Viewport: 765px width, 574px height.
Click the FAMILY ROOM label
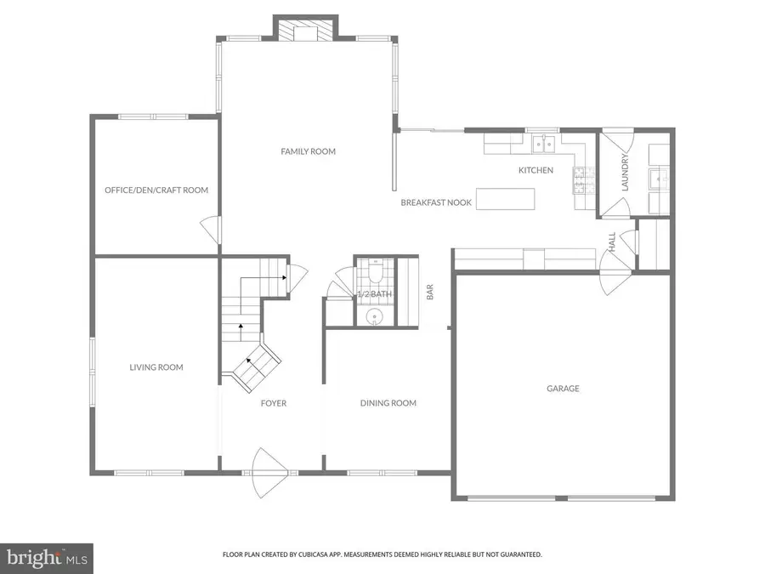click(x=308, y=151)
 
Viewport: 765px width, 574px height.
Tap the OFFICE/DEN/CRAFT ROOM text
click(x=156, y=190)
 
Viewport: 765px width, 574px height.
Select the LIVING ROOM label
click(x=156, y=367)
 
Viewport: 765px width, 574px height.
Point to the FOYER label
click(x=273, y=403)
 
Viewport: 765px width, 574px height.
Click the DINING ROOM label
click(x=388, y=403)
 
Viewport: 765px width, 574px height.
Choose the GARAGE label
click(x=563, y=389)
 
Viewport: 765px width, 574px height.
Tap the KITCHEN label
click(x=535, y=170)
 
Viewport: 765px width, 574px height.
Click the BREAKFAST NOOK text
click(x=436, y=203)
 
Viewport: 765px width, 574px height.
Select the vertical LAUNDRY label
click(x=625, y=173)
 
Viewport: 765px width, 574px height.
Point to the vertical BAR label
click(x=430, y=293)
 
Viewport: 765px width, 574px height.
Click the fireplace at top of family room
click(x=304, y=31)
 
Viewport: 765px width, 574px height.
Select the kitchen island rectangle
click(x=506, y=199)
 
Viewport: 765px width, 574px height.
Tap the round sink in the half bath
click(x=374, y=318)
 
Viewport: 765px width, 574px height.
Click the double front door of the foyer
click(x=272, y=463)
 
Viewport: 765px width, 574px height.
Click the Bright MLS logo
click(x=46, y=559)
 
